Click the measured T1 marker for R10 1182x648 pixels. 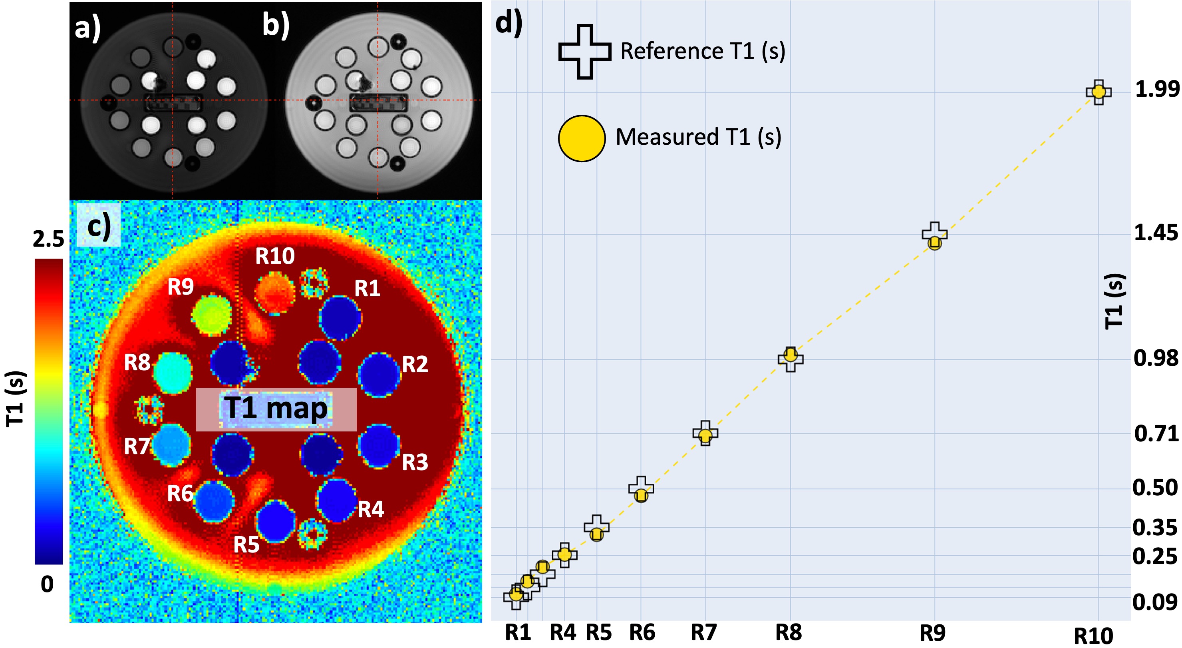pos(1099,92)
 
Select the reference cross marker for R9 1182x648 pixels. pos(935,233)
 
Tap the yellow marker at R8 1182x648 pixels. pos(790,355)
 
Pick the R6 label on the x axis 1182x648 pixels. pos(642,632)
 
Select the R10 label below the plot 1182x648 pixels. pos(1093,636)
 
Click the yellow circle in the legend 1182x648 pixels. pos(581,138)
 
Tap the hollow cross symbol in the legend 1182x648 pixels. pos(584,52)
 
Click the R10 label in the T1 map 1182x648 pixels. pos(275,256)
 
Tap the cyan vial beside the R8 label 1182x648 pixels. pos(173,373)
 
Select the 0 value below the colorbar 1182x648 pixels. pos(47,584)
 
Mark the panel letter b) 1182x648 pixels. pos(276,24)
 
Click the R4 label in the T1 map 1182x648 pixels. pos(370,509)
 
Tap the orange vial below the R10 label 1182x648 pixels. pos(275,292)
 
